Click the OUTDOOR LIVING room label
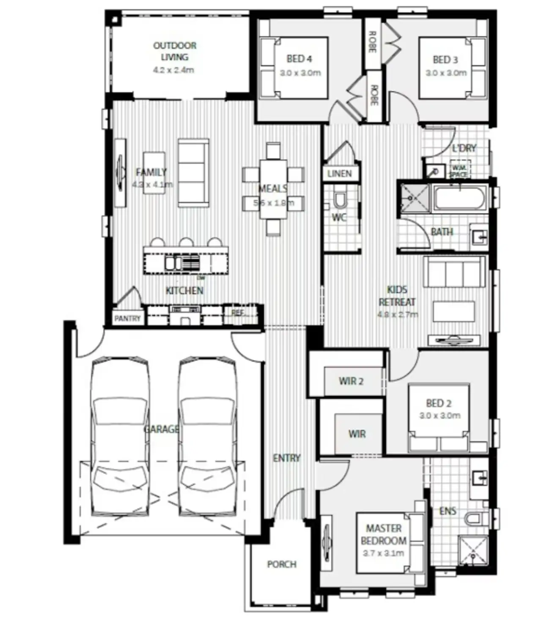coord(174,51)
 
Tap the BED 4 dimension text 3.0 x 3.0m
coord(300,73)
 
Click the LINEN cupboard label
coord(339,174)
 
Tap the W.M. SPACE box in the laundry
coord(459,170)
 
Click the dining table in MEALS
coord(273,189)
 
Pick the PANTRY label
coord(127,318)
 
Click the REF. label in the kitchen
coord(238,313)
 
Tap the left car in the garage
coord(121,436)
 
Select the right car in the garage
coord(208,436)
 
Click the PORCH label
coord(282,564)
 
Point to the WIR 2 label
coord(351,381)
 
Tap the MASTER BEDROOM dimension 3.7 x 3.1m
coord(383,553)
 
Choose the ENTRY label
coord(286,458)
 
